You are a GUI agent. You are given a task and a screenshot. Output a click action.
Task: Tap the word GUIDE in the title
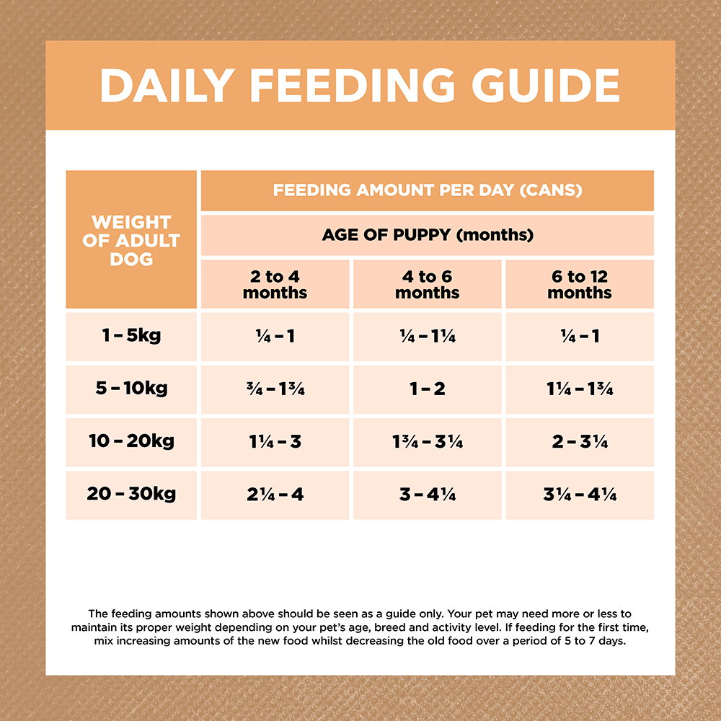coord(546,85)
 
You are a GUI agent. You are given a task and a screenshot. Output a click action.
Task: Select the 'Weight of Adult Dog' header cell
coord(131,240)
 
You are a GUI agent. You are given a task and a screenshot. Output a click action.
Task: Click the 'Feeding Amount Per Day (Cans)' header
coord(428,191)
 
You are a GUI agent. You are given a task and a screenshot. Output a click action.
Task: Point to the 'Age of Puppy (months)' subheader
coord(428,235)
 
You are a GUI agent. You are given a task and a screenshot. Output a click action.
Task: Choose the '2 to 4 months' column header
coord(275,285)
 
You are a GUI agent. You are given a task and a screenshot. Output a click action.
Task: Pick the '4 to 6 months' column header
coord(428,285)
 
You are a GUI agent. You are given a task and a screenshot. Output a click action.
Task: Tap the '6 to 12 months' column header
coord(580,285)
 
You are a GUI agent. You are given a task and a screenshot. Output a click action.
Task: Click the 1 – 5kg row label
coord(131,336)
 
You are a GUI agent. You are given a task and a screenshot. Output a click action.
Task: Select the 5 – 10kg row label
coord(131,389)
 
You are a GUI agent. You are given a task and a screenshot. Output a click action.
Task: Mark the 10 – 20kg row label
coord(131,441)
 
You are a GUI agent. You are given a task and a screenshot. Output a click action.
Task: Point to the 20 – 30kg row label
coord(131,495)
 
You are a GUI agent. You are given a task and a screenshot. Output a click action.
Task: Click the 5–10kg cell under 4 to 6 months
coord(428,389)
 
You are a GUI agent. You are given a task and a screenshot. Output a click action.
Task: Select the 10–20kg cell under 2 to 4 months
coord(275,442)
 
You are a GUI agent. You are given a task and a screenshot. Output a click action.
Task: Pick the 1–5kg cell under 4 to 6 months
coord(428,337)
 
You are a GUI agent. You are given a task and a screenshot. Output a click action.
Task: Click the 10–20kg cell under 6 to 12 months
coord(580,442)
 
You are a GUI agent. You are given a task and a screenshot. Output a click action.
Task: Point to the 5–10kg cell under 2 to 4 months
coord(275,389)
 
